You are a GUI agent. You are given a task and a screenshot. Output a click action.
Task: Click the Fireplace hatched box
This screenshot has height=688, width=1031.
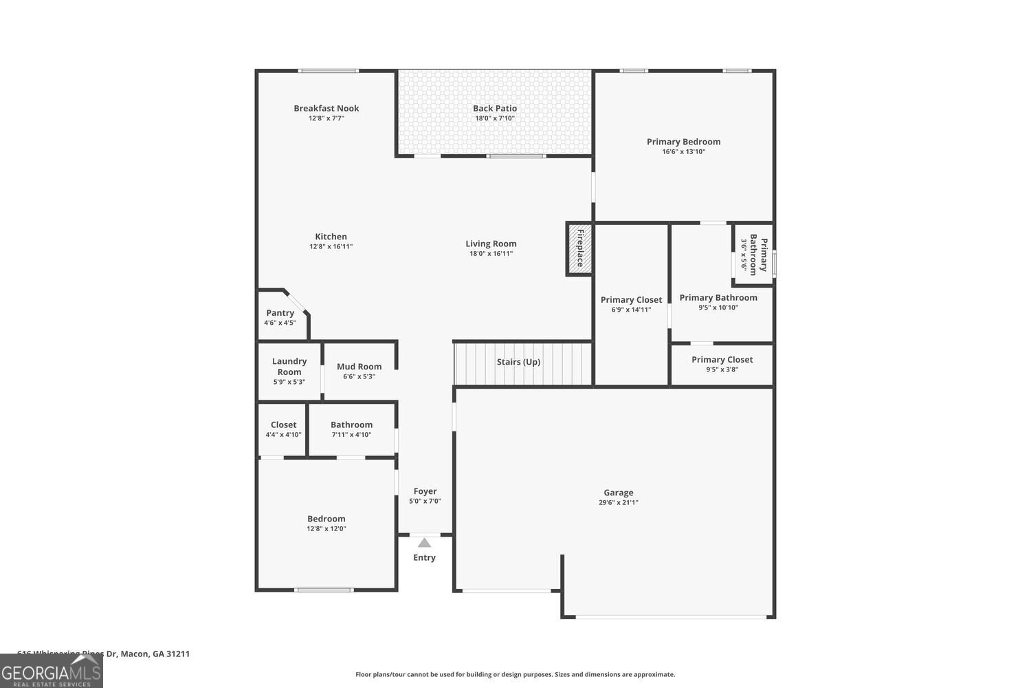(579, 249)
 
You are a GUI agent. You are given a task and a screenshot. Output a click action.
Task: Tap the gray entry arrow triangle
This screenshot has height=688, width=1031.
(425, 543)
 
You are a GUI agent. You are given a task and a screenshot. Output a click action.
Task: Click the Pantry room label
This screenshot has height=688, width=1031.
(280, 313)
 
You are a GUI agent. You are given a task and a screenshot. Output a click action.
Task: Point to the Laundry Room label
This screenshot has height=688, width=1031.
(289, 366)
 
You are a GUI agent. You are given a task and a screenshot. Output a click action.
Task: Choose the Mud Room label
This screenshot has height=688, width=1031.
(359, 367)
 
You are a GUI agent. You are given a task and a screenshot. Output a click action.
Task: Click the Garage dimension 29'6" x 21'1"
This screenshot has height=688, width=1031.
(618, 503)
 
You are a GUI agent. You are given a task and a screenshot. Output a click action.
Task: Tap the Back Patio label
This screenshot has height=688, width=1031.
(495, 108)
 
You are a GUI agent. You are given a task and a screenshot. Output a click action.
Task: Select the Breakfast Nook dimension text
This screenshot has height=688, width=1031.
(326, 118)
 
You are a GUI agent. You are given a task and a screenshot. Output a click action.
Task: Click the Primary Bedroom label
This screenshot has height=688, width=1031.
(683, 142)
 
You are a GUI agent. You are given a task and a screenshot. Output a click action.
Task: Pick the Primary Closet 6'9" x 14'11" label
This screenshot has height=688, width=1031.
(631, 300)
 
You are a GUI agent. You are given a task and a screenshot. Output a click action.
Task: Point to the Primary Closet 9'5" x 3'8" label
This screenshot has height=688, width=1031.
(722, 360)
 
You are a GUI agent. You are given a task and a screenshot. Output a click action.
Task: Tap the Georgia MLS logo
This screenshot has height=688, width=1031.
(52, 671)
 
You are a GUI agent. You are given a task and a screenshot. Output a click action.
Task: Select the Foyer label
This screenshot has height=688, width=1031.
(425, 491)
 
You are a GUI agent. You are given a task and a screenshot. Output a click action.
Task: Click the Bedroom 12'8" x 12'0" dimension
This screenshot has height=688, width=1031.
(326, 529)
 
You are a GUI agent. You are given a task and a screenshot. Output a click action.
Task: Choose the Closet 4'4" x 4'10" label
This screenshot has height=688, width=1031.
(283, 425)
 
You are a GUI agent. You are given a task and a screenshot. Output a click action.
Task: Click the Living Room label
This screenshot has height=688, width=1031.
(491, 244)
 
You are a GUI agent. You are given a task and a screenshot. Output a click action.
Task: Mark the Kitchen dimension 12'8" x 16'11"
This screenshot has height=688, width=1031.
(331, 246)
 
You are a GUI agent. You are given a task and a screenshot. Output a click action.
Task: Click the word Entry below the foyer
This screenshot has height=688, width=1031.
(424, 558)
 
